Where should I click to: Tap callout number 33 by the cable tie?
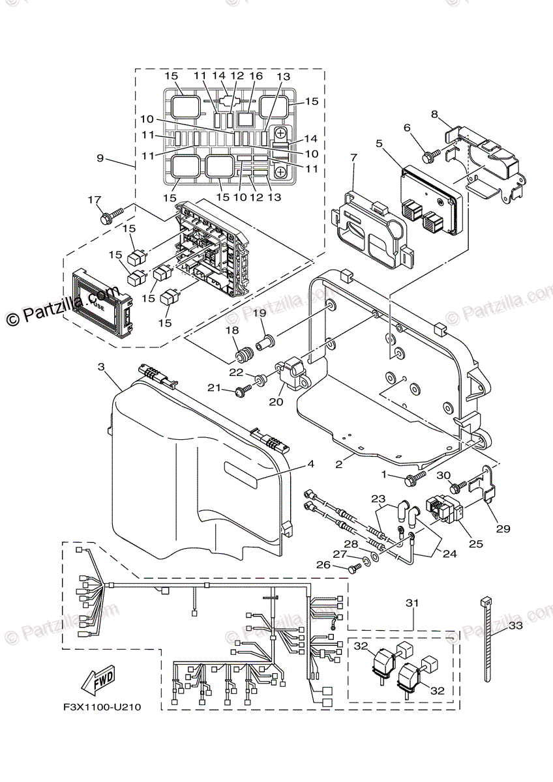tap(515, 626)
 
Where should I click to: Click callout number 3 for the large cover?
tap(101, 368)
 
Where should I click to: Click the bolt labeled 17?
tap(112, 214)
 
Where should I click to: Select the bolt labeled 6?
tap(430, 156)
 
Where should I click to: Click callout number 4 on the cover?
tap(310, 464)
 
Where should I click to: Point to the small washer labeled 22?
tap(262, 378)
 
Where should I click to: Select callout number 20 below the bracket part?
tap(276, 402)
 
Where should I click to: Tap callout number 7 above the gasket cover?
tap(354, 158)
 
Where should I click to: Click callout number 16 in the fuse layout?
tap(256, 76)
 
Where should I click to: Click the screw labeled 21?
tap(244, 390)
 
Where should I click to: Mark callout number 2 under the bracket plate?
tap(339, 464)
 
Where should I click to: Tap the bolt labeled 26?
tap(354, 569)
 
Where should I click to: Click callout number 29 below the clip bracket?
tap(503, 529)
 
